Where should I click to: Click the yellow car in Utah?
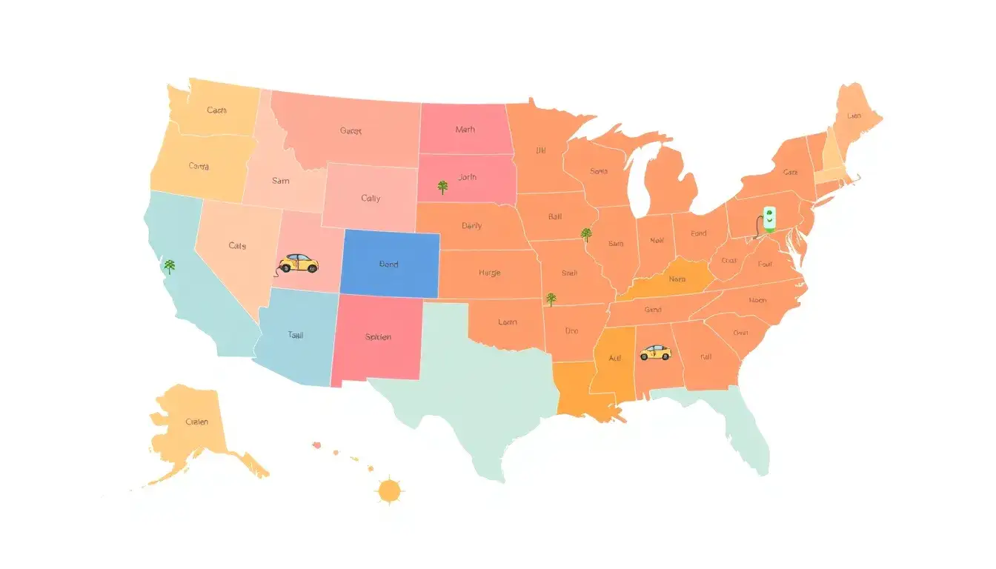point(298,263)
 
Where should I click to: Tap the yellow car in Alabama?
point(654,352)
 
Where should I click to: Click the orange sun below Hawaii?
point(389,490)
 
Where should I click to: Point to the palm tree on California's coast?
point(170,266)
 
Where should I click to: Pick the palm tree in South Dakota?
point(442,187)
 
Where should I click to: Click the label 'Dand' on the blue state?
point(388,264)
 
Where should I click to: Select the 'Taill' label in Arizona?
point(295,335)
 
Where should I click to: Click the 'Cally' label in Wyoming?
point(371,199)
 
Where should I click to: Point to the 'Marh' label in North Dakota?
point(465,130)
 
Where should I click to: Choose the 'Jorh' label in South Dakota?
point(468,178)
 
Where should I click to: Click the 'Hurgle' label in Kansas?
point(489,273)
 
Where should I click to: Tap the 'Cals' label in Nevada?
point(237,245)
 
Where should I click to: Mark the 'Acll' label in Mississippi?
point(615,358)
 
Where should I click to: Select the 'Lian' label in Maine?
point(854,116)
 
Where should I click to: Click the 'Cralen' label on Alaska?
point(196,422)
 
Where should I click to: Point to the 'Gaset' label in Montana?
point(351,131)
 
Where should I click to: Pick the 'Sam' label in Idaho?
point(281,180)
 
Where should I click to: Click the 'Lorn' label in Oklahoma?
point(508,322)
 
